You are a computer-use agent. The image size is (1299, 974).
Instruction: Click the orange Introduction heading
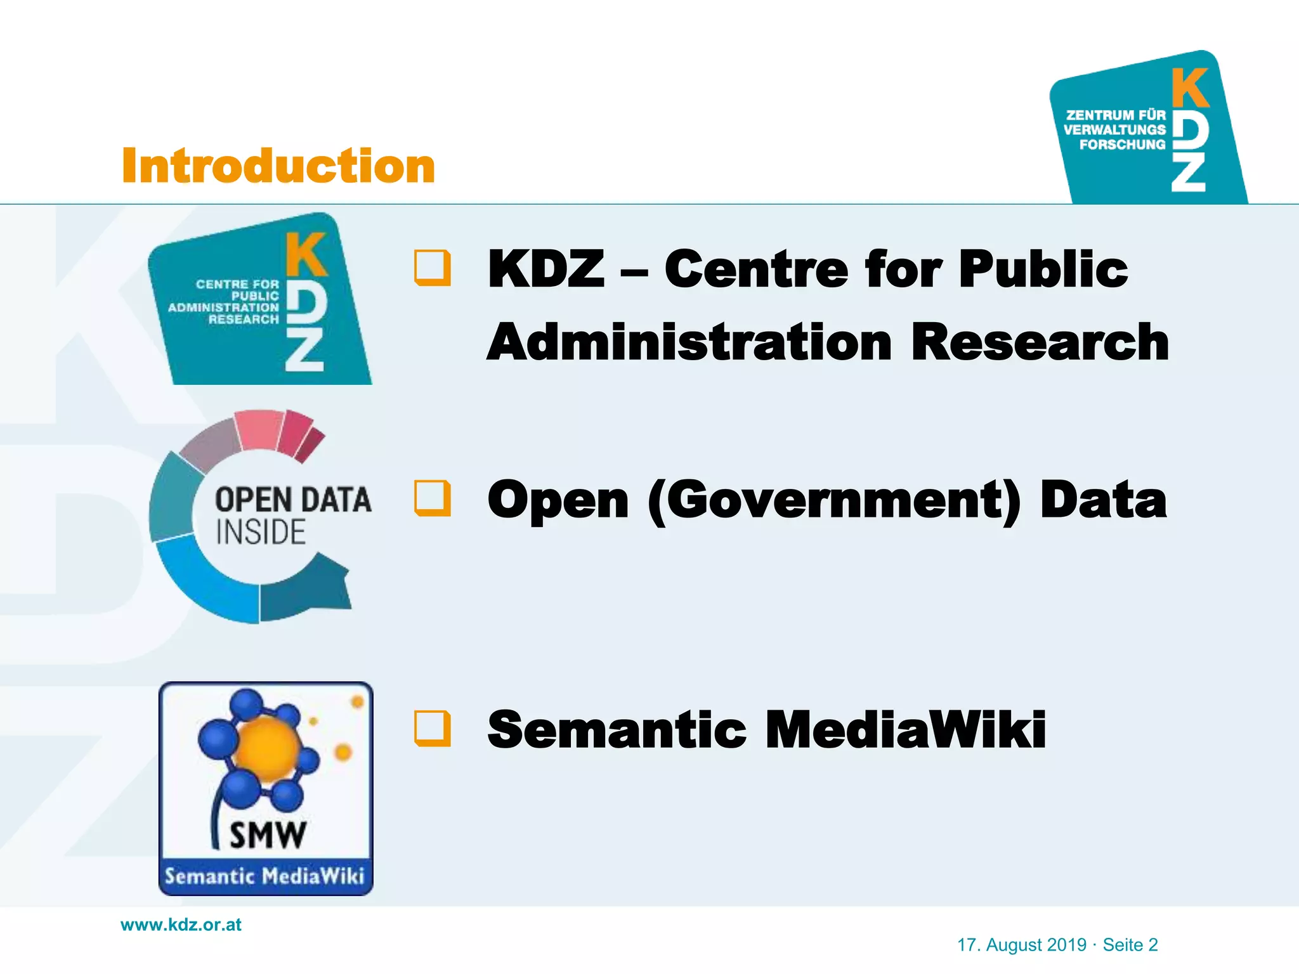(x=278, y=166)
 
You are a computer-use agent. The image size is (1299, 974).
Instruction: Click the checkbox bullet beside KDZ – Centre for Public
(x=433, y=268)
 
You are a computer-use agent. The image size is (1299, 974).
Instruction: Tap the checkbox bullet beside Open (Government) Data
(x=433, y=498)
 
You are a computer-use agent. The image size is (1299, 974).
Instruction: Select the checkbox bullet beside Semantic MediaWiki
(x=433, y=728)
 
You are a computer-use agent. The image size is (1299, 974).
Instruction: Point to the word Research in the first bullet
(x=1040, y=342)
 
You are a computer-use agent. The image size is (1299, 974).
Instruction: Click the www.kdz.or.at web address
(x=181, y=925)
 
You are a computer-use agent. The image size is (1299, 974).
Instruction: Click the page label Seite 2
(x=1130, y=945)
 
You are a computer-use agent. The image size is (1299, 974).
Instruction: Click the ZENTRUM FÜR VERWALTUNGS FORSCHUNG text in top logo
(x=1115, y=130)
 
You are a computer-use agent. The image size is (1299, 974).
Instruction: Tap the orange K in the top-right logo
(x=1189, y=89)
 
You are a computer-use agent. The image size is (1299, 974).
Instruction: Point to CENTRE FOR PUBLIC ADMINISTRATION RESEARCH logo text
(x=225, y=302)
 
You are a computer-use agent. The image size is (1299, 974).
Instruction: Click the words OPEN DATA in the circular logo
(x=293, y=500)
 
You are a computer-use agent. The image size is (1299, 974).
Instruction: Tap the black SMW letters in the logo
(x=268, y=834)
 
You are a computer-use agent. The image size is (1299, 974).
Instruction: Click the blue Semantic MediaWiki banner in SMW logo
(x=265, y=876)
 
